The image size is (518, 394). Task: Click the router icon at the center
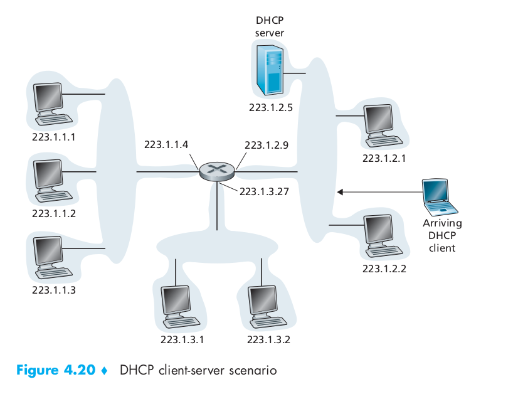217,171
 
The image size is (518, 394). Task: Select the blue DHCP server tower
270,70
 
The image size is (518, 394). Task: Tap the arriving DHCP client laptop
440,198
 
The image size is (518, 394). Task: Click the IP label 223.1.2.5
271,107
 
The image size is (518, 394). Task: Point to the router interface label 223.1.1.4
166,144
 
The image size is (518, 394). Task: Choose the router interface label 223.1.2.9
267,145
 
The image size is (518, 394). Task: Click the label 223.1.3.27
264,191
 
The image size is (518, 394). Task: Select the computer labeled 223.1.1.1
53,104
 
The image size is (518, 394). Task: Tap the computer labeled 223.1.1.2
53,181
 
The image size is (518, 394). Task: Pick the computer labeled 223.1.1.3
53,257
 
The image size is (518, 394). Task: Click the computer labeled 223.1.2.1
383,126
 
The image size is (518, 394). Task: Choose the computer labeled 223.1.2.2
383,236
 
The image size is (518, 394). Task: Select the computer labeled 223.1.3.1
181,307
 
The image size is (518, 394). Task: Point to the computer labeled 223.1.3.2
268,307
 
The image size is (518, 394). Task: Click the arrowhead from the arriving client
340,192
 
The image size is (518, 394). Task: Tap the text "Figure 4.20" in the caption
56,370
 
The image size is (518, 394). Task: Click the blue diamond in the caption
104,371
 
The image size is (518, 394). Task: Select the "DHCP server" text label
270,26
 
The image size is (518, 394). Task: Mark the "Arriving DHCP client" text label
442,235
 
